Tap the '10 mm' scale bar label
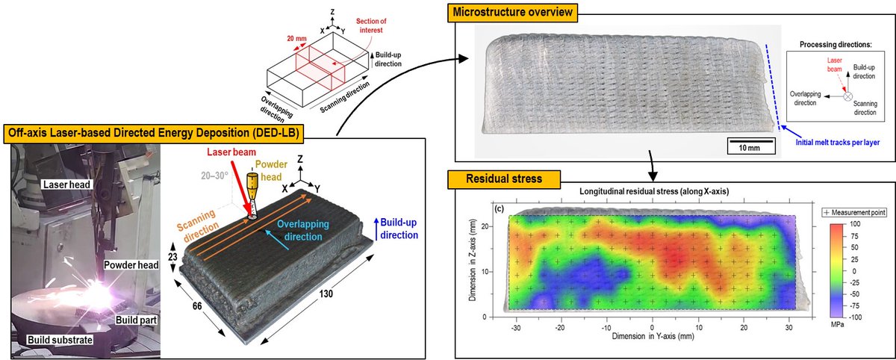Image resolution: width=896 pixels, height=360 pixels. coord(745,148)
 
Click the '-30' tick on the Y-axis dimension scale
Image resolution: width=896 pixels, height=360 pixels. coord(515,327)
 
